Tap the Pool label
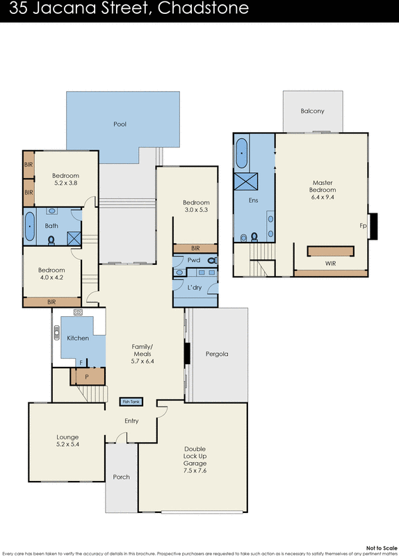click(x=120, y=124)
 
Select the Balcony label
click(x=312, y=111)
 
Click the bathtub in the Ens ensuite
click(x=242, y=154)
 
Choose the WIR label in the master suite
click(x=330, y=264)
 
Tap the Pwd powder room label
click(x=194, y=260)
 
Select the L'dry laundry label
click(x=195, y=287)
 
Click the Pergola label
click(x=217, y=354)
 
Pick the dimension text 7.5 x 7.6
click(x=195, y=471)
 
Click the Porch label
click(x=122, y=477)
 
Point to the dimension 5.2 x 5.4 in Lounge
click(x=67, y=445)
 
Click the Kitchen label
click(x=78, y=338)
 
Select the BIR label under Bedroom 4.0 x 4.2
click(x=51, y=302)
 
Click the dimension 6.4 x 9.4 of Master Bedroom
click(x=323, y=197)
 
